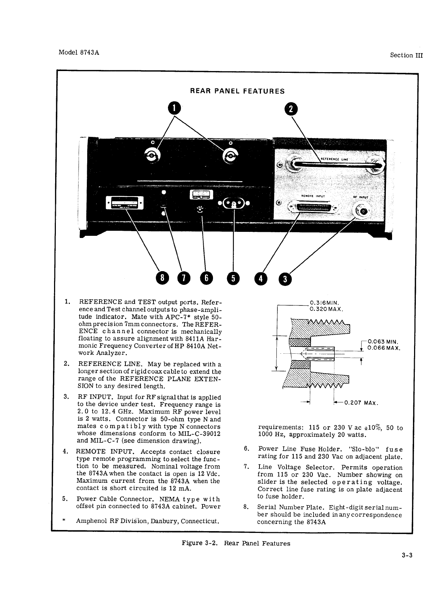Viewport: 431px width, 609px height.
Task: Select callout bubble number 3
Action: click(285, 279)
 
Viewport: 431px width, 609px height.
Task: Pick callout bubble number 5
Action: click(233, 278)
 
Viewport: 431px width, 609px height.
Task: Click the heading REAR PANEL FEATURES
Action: click(237, 91)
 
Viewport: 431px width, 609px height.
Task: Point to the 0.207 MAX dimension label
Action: click(361, 402)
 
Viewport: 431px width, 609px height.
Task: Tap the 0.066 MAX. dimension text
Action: click(384, 348)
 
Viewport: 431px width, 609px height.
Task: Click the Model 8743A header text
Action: click(79, 52)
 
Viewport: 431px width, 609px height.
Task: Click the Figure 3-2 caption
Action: click(236, 543)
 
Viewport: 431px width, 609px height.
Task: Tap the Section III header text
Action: click(406, 55)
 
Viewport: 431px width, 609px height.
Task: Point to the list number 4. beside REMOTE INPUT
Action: click(65, 451)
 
